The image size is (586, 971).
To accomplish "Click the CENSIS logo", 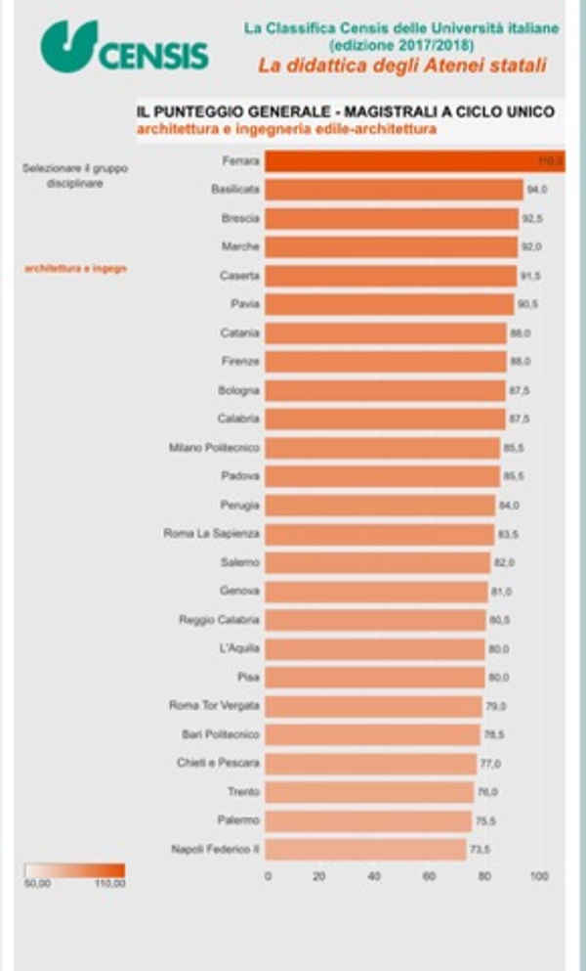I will coord(124,46).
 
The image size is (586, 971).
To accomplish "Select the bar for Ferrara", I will coord(415,161).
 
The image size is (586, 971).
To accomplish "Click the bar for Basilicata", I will coord(394,190).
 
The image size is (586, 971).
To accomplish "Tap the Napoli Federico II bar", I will coord(365,849).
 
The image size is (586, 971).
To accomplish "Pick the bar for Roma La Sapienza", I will coord(380,534).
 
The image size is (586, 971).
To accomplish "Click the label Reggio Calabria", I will coord(220,620).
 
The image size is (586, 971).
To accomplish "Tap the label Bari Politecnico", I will coord(223,733).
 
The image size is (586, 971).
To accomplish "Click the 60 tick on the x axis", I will coord(429,877).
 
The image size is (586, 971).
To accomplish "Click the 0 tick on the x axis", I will coord(268,877).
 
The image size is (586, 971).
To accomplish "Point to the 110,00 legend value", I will coord(109,885).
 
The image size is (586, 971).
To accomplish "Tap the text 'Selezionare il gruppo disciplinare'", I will coord(76,176).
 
